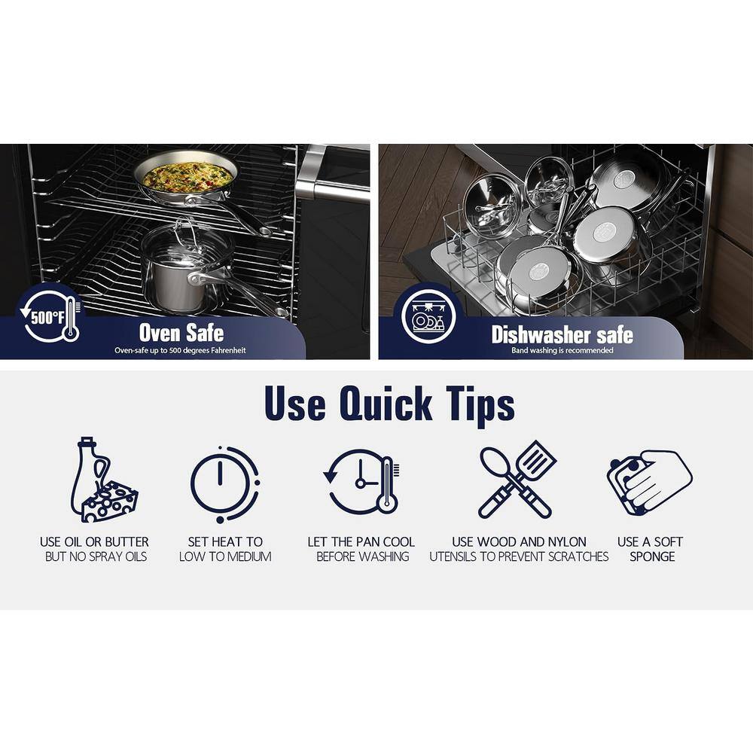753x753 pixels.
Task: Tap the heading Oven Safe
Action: (x=181, y=332)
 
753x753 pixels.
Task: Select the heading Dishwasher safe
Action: (x=562, y=335)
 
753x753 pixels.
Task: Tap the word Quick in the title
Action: (x=386, y=404)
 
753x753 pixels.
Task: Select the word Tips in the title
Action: (x=480, y=405)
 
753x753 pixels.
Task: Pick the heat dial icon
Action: (x=224, y=483)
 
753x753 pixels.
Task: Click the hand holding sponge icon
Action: (x=650, y=482)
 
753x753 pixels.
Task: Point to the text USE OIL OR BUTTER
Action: (x=94, y=541)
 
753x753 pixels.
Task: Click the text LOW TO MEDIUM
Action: (x=225, y=556)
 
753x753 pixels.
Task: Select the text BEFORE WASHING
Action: (x=363, y=556)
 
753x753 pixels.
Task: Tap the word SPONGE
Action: (x=652, y=556)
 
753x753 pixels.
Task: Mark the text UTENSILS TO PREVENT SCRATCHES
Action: (x=519, y=556)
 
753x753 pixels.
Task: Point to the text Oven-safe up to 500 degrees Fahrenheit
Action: (x=180, y=351)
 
